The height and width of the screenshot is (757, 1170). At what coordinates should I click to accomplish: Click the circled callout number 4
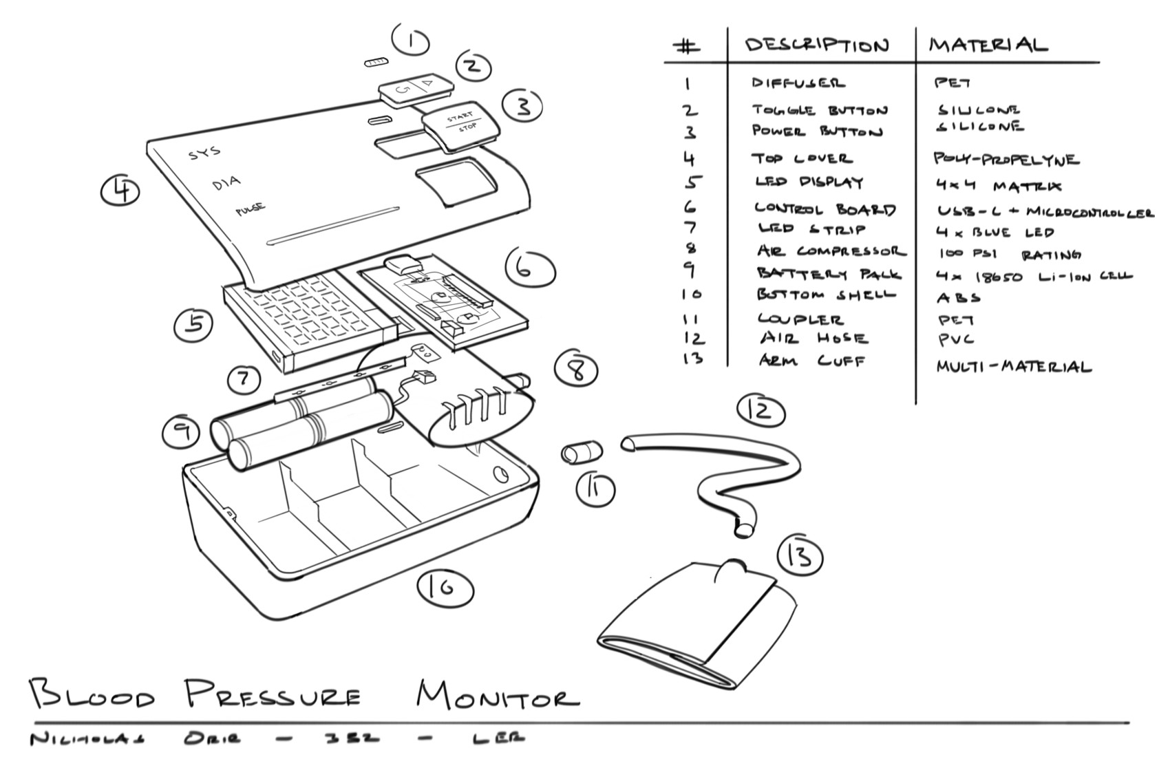[121, 190]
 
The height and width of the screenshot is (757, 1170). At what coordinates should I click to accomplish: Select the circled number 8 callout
[577, 370]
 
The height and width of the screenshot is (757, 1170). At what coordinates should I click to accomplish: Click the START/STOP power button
[461, 124]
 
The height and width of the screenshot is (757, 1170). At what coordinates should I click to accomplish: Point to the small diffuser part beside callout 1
[376, 63]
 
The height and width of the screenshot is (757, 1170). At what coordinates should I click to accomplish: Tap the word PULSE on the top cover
[251, 209]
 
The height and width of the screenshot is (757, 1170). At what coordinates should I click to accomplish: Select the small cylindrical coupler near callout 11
[582, 453]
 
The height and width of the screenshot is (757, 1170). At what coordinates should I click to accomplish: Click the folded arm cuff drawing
[695, 623]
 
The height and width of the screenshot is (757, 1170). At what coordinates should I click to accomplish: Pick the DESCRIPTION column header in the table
[817, 45]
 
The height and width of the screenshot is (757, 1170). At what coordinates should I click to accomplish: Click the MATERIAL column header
[988, 45]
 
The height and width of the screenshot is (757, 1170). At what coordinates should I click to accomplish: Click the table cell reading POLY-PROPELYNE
[1006, 160]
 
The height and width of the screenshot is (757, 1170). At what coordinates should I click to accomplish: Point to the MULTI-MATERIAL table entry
[1013, 366]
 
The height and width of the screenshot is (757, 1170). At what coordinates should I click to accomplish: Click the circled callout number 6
[529, 270]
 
